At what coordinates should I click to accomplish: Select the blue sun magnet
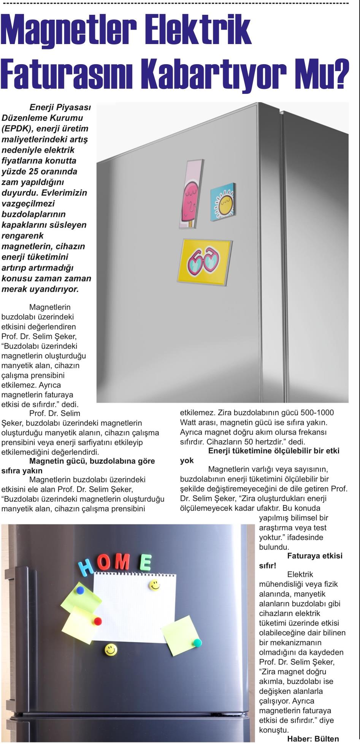222,201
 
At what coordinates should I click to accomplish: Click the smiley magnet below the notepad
111,650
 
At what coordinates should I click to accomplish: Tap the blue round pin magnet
80,590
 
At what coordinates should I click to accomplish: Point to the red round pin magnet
98,621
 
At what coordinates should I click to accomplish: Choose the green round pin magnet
197,643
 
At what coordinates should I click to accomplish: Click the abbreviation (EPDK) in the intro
17,128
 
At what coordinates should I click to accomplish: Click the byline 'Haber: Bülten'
313,739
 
